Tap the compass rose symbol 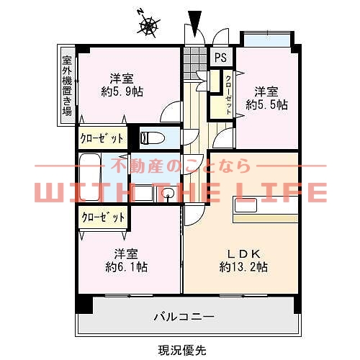pyautogui.click(x=149, y=25)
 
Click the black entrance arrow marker pyautogui.click(x=194, y=21)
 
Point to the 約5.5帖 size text pyautogui.click(x=266, y=105)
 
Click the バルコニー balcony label pyautogui.click(x=184, y=316)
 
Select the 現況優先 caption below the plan pyautogui.click(x=182, y=349)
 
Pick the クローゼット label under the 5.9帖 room pyautogui.click(x=102, y=138)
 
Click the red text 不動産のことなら pyautogui.click(x=180, y=166)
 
